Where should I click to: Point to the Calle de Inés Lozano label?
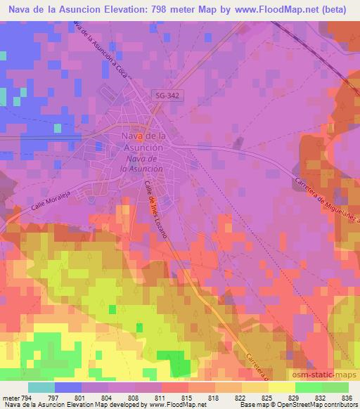click(155, 209)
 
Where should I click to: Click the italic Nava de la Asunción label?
click(141, 164)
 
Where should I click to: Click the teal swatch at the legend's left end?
click(41, 387)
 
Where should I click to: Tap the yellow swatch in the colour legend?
click(282, 387)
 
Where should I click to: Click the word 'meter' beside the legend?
click(11, 398)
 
